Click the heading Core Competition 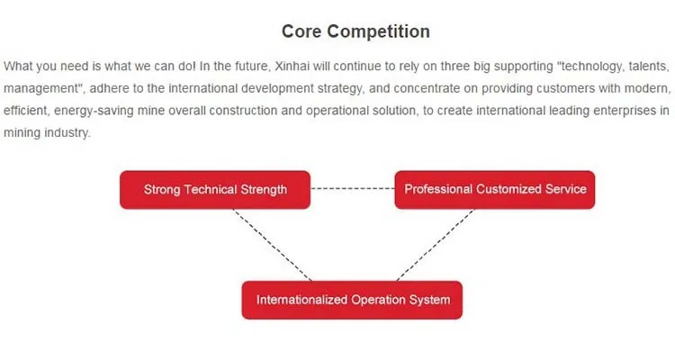(x=355, y=31)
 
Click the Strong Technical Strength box (x=215, y=190)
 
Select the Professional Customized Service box (x=495, y=190)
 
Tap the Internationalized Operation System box (x=352, y=300)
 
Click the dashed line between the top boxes (x=353, y=189)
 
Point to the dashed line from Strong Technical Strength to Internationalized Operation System (x=272, y=245)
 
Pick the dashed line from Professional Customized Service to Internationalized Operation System (x=436, y=245)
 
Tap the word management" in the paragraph (x=44, y=89)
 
